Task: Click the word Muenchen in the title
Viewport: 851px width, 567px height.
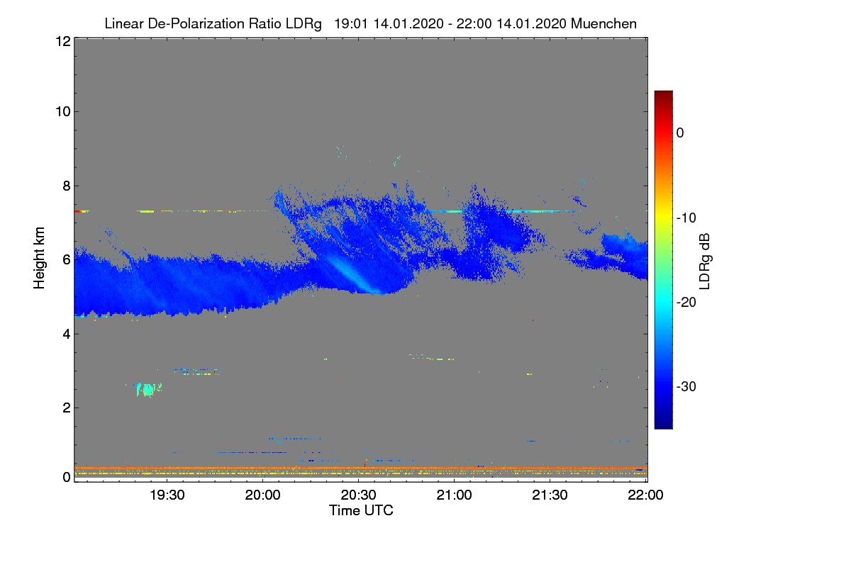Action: pos(604,23)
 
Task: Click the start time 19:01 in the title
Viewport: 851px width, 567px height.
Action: pos(349,23)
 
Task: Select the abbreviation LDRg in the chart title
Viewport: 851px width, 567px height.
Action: pos(306,23)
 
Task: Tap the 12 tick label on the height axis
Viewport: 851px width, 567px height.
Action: pos(62,41)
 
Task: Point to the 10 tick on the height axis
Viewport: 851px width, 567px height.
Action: pos(62,111)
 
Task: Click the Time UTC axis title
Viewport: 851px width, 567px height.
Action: pos(361,510)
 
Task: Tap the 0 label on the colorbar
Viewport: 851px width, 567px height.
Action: pos(680,133)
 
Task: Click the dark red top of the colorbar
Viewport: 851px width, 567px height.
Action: pos(663,95)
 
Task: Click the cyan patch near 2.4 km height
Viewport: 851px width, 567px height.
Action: pos(148,389)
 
